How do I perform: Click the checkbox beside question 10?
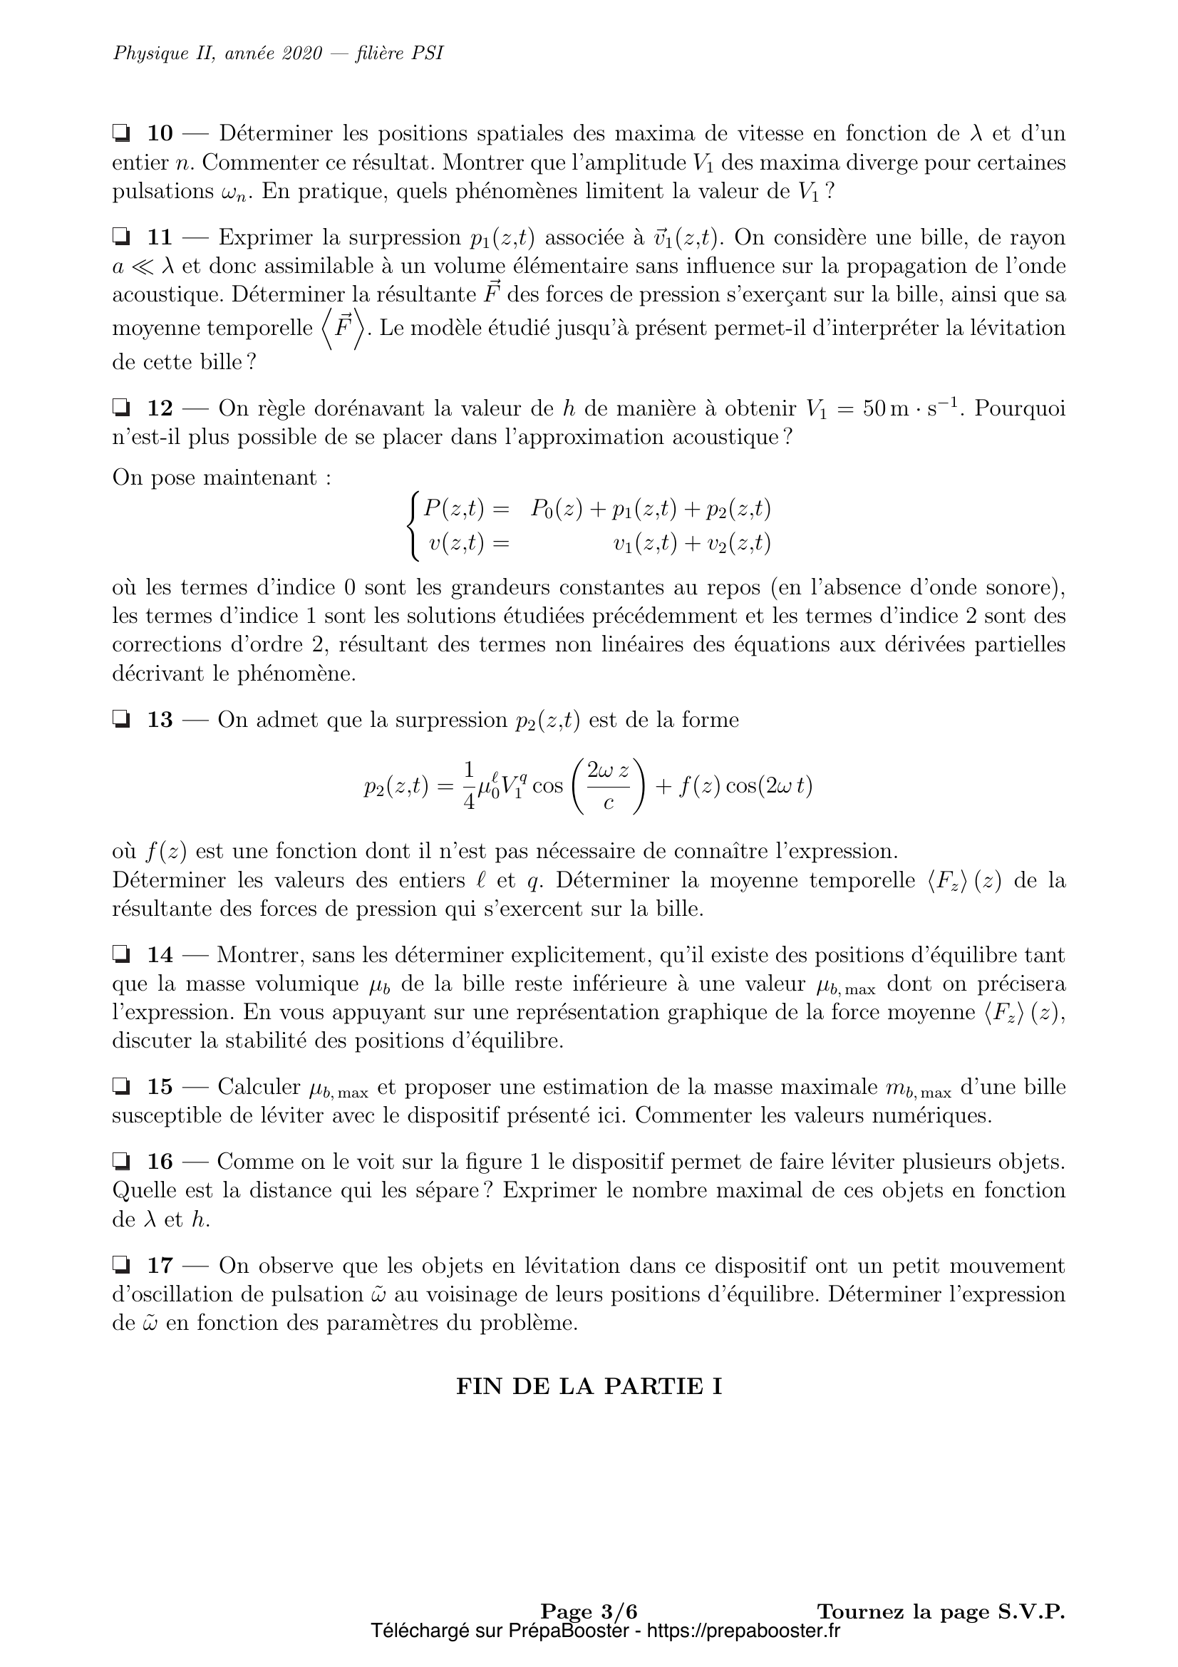pyautogui.click(x=121, y=133)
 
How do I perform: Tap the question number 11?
pyautogui.click(x=160, y=237)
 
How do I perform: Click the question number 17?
pyautogui.click(x=160, y=1266)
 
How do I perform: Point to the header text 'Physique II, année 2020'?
pyautogui.click(x=217, y=53)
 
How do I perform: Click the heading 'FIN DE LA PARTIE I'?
pyautogui.click(x=589, y=1386)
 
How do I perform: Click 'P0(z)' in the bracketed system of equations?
pyautogui.click(x=556, y=510)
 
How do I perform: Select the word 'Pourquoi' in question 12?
pyautogui.click(x=1020, y=408)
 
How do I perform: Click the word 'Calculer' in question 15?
pyautogui.click(x=259, y=1087)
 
